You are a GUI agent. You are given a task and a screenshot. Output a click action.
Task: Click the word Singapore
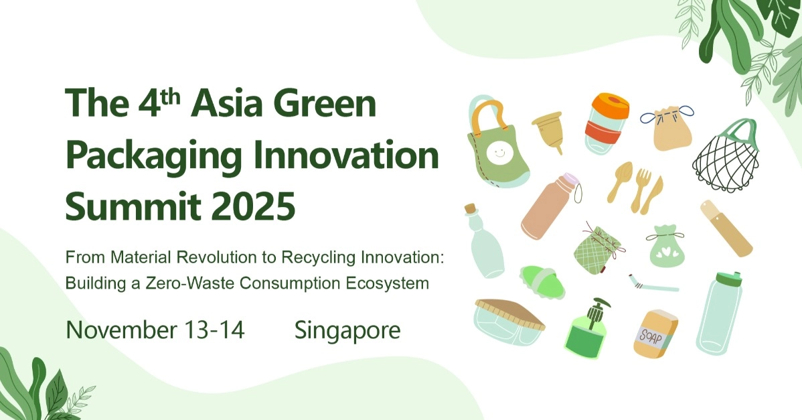347,330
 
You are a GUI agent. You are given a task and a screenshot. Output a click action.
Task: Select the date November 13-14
155,330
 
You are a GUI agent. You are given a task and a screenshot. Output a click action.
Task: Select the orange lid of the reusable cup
609,106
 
